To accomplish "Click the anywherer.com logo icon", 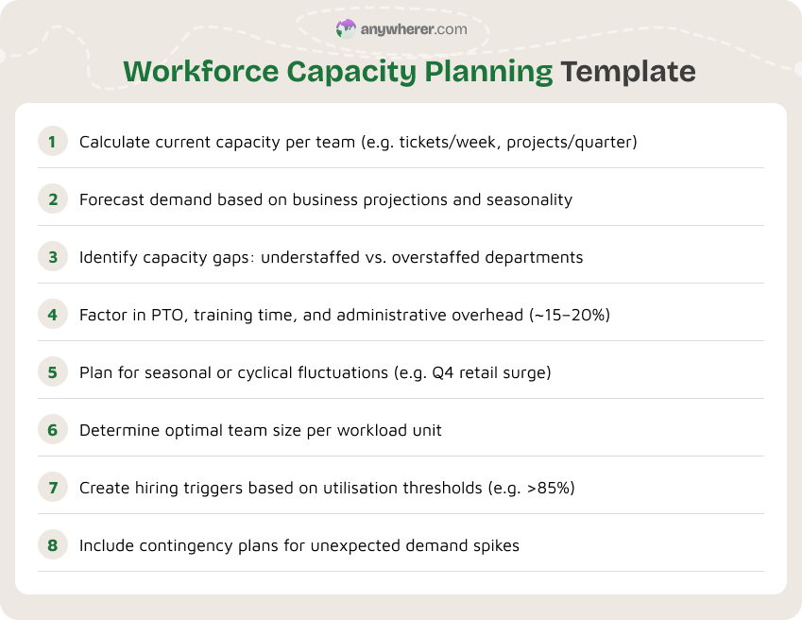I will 346,29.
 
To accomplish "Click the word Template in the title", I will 627,72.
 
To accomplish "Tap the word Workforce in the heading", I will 194,72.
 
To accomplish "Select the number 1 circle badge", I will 53,143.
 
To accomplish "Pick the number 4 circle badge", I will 53,315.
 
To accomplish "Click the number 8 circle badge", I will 53,545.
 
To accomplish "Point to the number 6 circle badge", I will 53,430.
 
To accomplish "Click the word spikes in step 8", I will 496,545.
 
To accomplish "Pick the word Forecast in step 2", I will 111,200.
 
